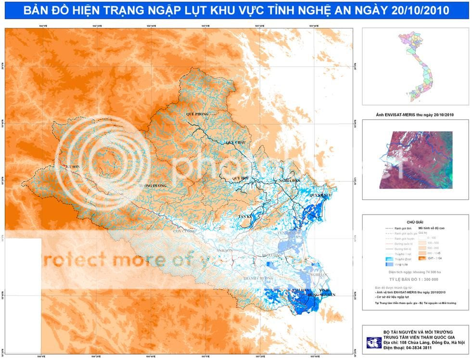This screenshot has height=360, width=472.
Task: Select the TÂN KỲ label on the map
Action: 246,217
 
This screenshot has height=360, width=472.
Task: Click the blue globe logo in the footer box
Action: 373,342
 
